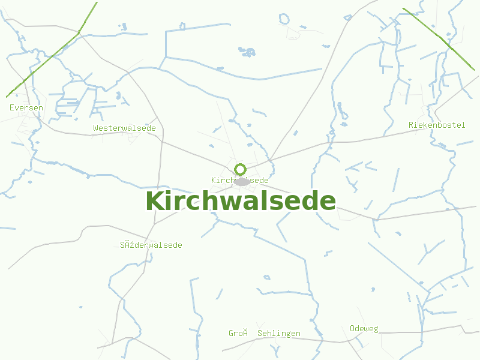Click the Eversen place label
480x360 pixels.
coord(26,107)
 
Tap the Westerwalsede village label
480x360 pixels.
coord(124,128)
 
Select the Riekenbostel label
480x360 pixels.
coord(437,125)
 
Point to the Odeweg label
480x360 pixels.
coord(364,328)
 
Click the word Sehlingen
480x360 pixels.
coord(278,333)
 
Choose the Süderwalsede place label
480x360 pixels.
coord(151,245)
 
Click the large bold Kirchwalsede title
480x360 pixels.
coord(240,200)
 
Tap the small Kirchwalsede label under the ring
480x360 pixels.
coord(239,180)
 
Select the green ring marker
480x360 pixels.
coord(240,169)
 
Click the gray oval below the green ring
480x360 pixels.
coord(242,181)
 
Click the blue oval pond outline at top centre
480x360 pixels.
coord(284,19)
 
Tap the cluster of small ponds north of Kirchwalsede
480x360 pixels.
coord(247,51)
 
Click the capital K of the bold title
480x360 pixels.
coord(155,200)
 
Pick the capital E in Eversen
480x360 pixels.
coord(12,107)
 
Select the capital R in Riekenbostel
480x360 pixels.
coord(411,125)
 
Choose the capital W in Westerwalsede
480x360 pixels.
coord(95,128)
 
